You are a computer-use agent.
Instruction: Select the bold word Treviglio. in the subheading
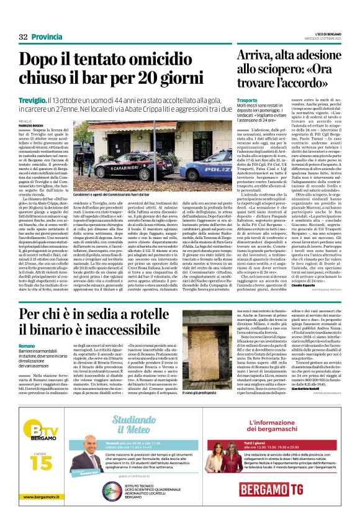click(33, 101)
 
